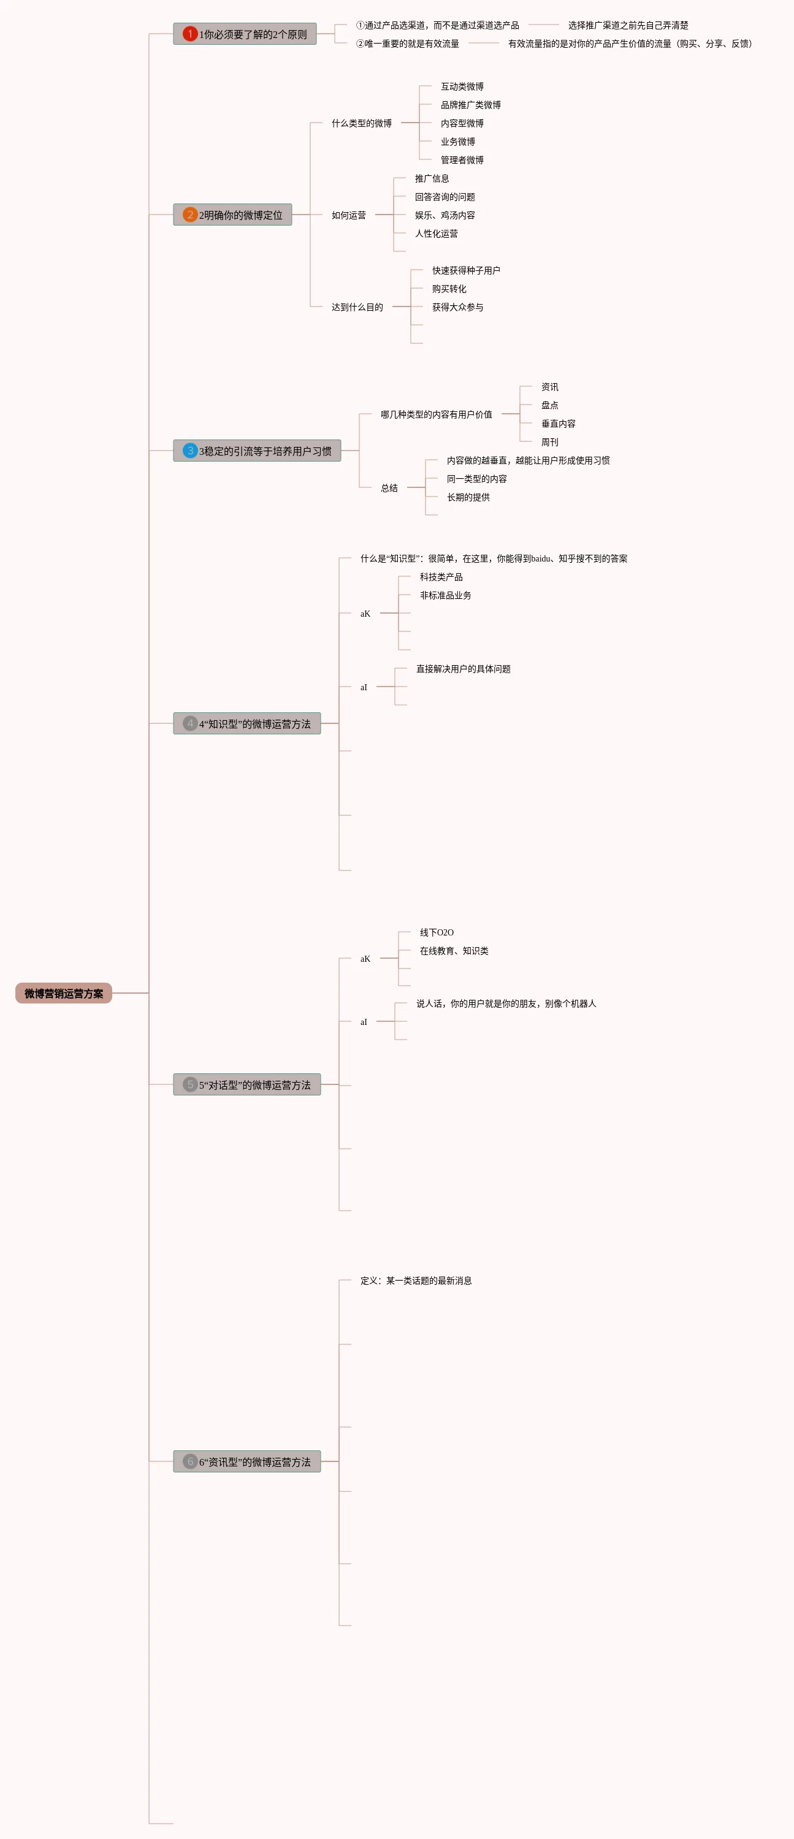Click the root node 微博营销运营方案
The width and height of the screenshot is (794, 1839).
[x=64, y=993]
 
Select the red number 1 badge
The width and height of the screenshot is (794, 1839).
[x=190, y=34]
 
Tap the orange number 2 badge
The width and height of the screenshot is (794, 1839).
[x=190, y=215]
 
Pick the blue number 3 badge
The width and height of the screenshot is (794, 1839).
[x=190, y=451]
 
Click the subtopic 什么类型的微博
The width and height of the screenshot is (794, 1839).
[x=361, y=123]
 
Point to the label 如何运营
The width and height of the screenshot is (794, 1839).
[x=348, y=216]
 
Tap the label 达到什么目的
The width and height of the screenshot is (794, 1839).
[x=357, y=308]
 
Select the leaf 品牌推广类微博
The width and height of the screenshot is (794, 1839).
[x=470, y=105]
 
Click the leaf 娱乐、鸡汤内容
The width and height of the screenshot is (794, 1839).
[x=445, y=216]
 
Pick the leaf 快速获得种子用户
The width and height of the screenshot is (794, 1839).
[x=465, y=270]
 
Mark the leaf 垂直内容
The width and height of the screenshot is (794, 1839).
[x=558, y=424]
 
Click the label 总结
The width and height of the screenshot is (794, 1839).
[x=389, y=489]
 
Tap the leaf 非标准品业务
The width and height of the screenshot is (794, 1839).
[x=446, y=595]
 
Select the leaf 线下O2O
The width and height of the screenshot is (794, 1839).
[x=437, y=932]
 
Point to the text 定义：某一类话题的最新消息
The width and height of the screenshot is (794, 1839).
[x=416, y=1281]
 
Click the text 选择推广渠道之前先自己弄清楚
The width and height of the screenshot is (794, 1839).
[x=628, y=26]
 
